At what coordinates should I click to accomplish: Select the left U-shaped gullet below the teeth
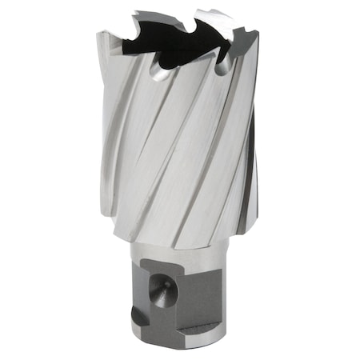[160, 74]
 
